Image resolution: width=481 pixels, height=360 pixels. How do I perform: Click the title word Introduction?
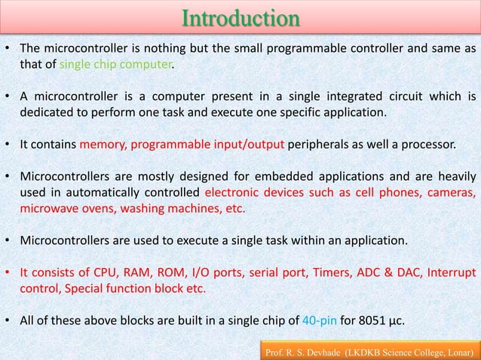pos(240,18)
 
